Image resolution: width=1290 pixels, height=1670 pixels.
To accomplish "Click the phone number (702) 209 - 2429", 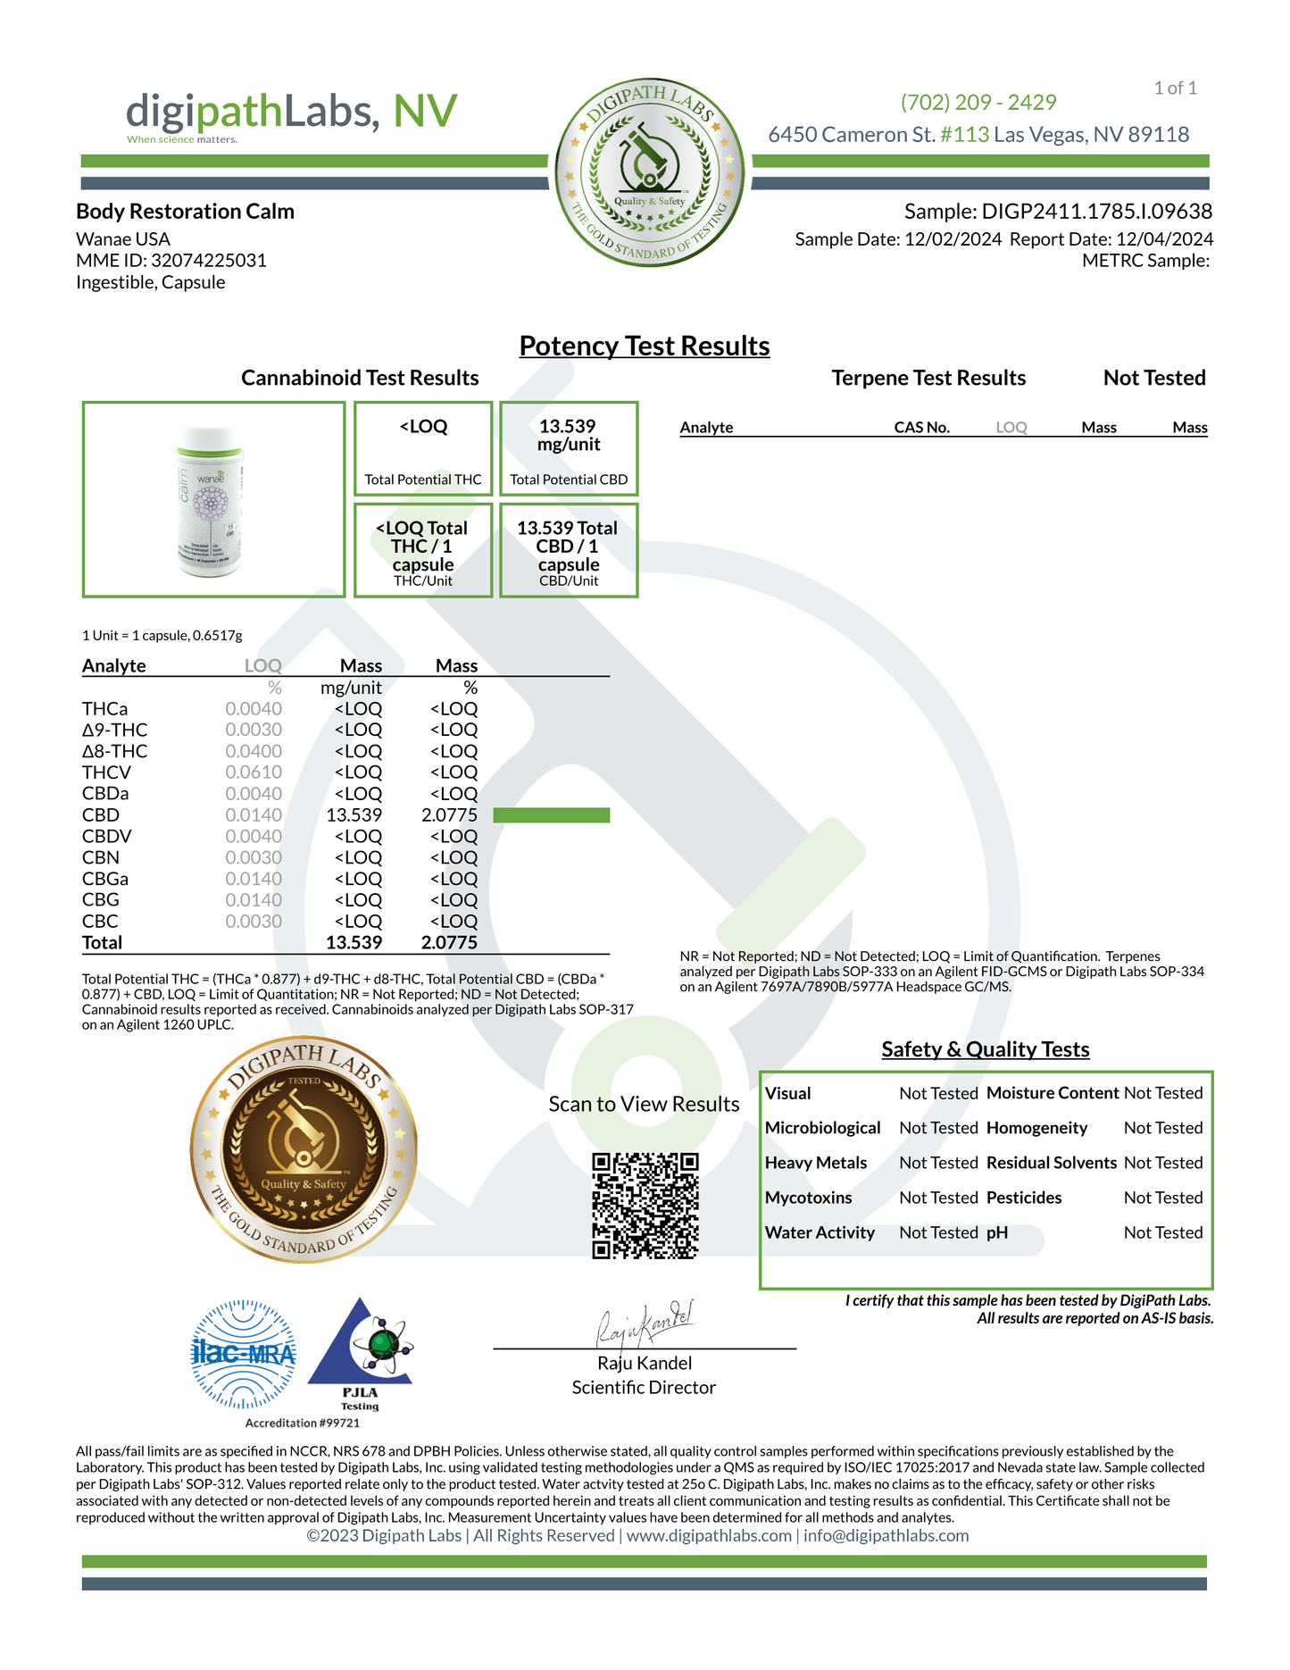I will point(978,103).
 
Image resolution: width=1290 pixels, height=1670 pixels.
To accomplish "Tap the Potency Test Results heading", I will point(644,347).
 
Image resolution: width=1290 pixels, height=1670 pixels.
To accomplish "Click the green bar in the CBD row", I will point(551,815).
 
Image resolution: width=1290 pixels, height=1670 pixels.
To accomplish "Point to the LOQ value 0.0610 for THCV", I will point(254,772).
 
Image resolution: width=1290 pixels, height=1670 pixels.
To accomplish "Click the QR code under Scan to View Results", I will point(645,1206).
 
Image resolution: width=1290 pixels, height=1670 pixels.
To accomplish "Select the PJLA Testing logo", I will point(360,1353).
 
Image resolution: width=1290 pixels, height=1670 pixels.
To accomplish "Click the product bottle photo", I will point(212,500).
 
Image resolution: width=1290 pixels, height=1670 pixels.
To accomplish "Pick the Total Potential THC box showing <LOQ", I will point(423,448).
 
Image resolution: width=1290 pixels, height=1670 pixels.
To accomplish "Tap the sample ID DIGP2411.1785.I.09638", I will point(1096,212).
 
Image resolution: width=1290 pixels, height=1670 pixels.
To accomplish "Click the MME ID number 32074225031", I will point(209,261).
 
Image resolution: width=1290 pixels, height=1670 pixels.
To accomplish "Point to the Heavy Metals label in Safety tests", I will point(816,1163).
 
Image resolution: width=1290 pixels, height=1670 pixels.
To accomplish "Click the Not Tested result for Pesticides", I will point(1162,1198).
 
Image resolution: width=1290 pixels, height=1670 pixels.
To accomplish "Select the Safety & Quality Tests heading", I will point(985,1049).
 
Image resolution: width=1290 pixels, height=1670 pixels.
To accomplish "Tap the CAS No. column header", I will point(921,428).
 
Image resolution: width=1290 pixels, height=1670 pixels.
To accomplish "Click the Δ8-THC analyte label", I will point(115,752).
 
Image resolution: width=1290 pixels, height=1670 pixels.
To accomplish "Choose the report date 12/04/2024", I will point(1164,239).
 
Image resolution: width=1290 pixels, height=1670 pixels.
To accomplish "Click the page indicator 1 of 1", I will point(1175,88).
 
